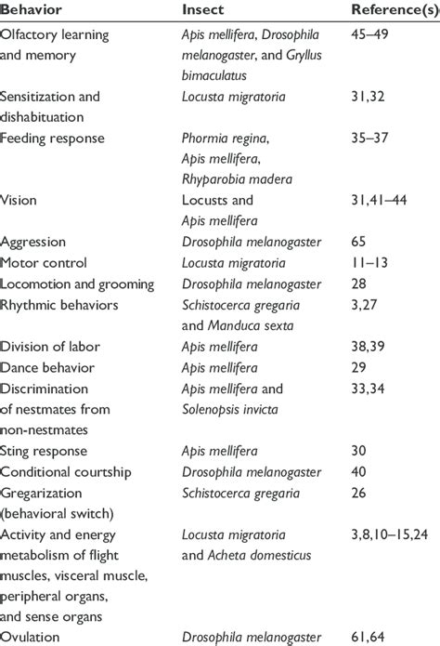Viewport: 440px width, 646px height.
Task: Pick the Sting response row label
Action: [x=45, y=452]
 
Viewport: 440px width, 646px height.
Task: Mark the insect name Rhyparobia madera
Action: [x=238, y=179]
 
